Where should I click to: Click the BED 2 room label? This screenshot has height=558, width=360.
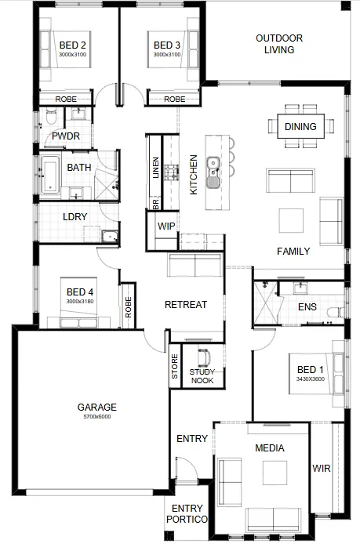coord(73,45)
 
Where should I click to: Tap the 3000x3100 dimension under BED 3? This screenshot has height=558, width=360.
coord(167,54)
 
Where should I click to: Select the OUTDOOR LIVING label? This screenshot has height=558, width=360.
coord(279,44)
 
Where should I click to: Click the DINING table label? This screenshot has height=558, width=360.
coord(300,126)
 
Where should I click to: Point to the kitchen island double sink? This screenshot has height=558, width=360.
coord(213,172)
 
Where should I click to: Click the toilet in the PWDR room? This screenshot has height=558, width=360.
coord(51,117)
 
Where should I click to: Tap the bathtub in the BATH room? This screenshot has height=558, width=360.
coord(50,175)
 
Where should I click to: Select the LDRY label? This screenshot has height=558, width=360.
coord(75,216)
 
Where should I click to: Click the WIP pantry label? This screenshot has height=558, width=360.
coord(166,226)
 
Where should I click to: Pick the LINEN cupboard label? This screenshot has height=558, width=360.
coord(155,168)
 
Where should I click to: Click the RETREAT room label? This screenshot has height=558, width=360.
coord(186,305)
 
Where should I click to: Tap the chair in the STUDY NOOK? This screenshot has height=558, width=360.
coord(205,357)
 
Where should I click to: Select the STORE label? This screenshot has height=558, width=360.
coord(174,366)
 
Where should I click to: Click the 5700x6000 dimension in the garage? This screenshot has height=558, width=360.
coord(97,416)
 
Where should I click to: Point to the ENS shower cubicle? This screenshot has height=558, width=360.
coord(266,303)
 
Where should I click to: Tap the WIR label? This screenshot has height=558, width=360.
coord(322,469)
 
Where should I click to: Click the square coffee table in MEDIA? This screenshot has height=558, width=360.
coord(275,473)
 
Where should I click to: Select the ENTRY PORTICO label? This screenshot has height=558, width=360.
coord(187,513)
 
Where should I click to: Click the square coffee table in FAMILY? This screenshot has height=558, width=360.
coord(291,221)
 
